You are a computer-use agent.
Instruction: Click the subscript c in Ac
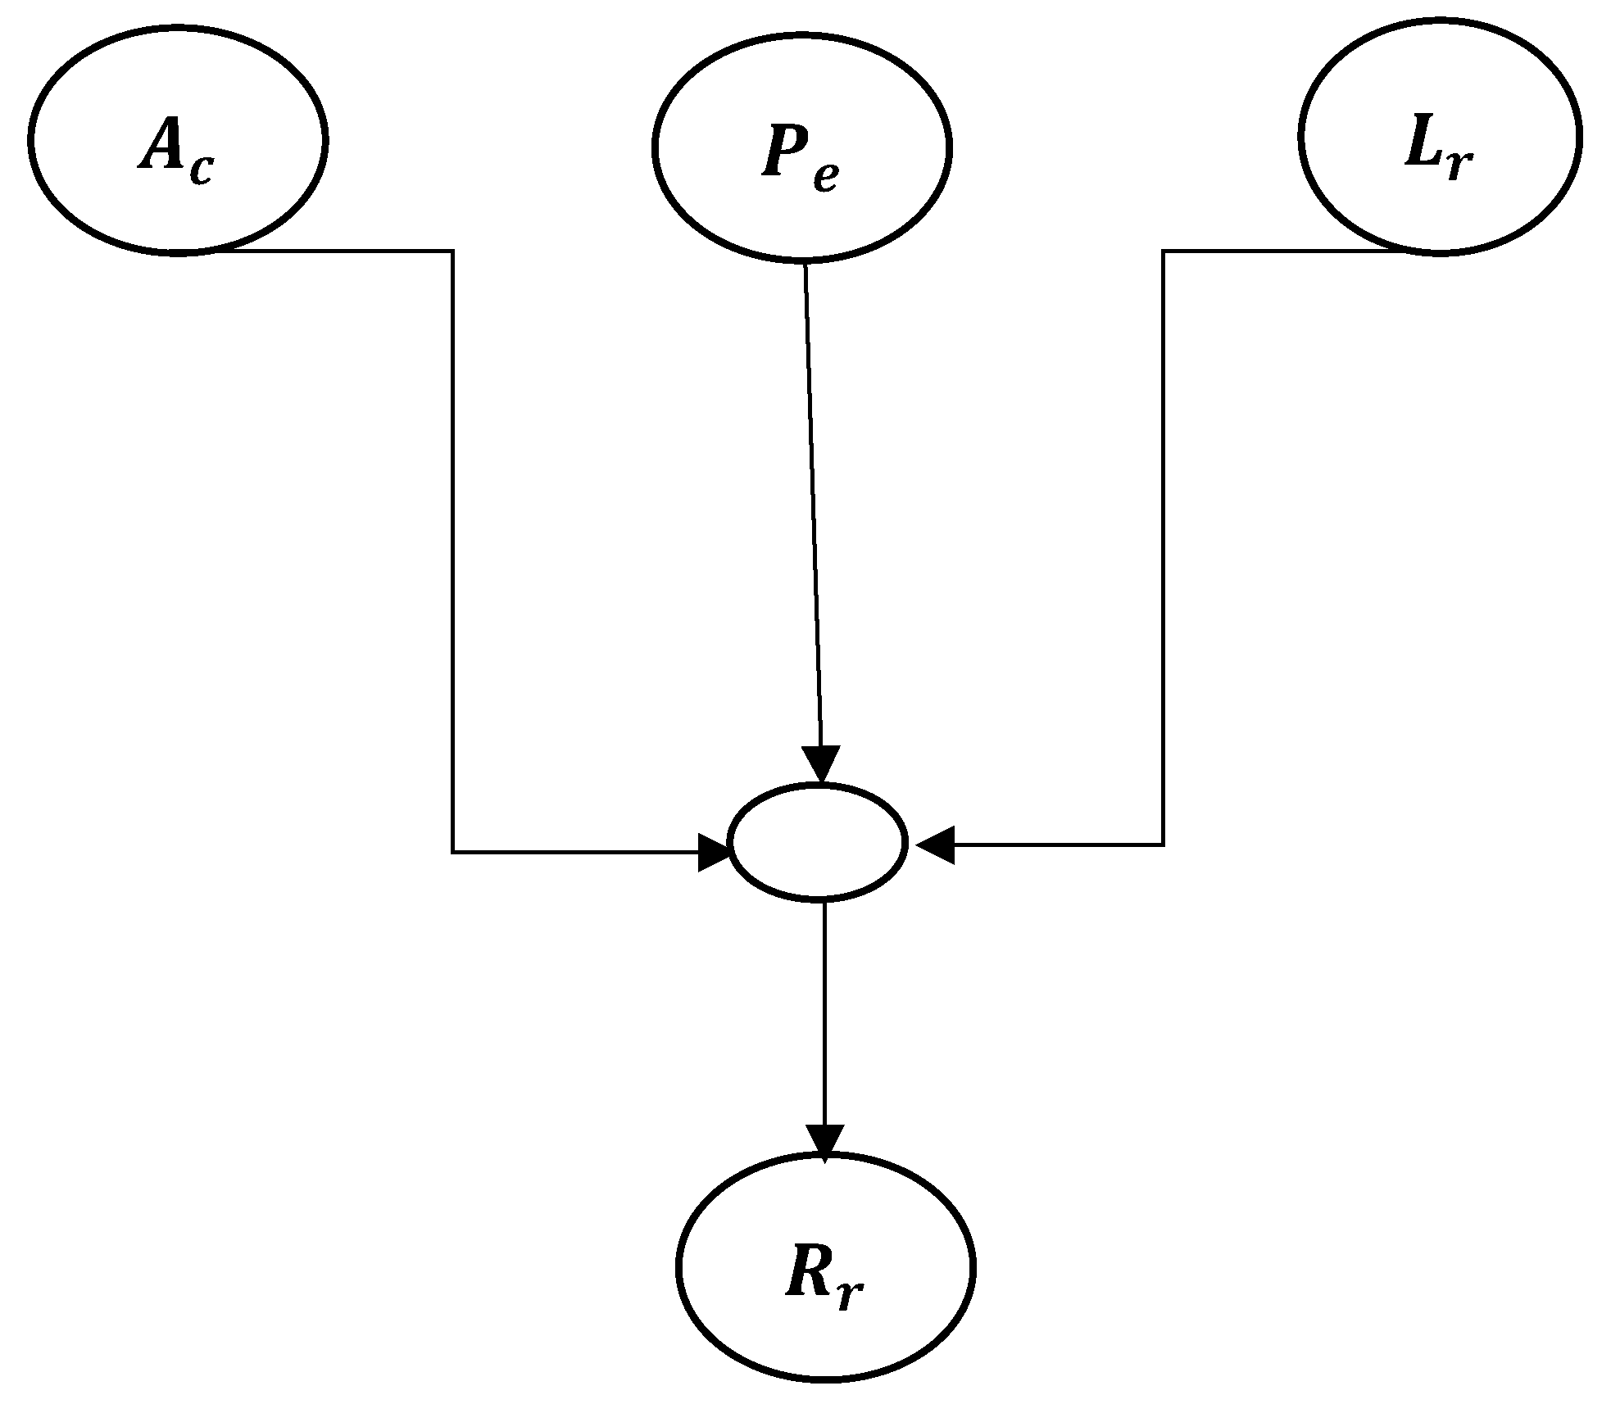click(x=202, y=170)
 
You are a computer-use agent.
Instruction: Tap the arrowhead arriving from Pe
click(x=821, y=763)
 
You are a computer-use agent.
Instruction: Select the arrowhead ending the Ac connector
click(x=713, y=853)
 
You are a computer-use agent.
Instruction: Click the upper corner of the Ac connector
click(x=452, y=251)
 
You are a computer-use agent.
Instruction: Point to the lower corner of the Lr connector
click(x=1163, y=844)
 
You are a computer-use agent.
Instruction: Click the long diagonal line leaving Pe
click(x=812, y=508)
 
